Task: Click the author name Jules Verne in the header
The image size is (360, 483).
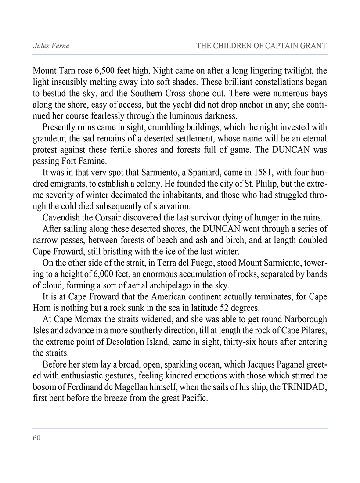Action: tap(51, 46)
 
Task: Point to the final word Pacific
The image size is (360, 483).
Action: tap(187, 401)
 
